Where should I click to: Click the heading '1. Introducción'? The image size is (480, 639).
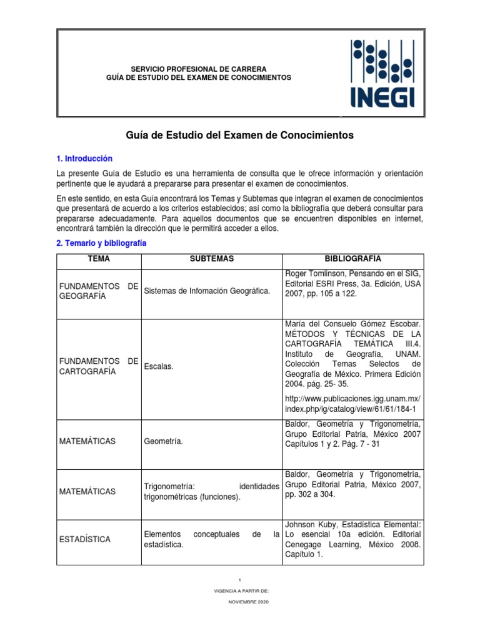point(84,159)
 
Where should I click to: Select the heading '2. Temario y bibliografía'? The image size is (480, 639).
point(101,243)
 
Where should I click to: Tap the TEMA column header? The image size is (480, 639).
point(99,259)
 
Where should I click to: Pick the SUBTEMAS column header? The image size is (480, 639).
point(212,259)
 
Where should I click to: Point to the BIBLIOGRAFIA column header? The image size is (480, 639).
point(353,259)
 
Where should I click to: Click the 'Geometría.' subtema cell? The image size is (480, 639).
point(164,441)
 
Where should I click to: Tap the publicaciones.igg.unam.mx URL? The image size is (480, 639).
point(352,404)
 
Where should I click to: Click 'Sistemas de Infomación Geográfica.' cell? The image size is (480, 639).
point(207,291)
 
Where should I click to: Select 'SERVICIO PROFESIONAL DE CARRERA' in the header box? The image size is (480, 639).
point(198,68)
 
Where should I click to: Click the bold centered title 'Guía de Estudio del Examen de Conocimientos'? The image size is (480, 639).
point(241,135)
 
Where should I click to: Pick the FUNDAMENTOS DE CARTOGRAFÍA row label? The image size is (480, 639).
point(98,366)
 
